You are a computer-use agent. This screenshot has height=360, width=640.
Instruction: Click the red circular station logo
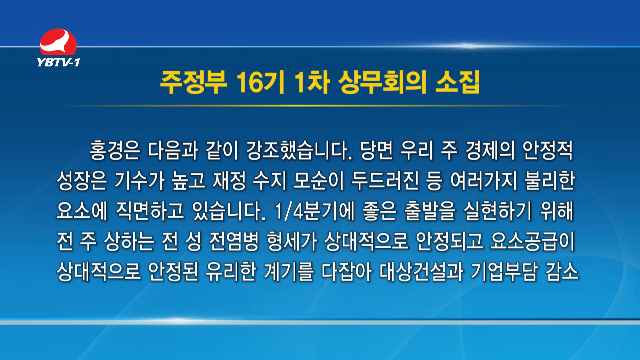click(58, 42)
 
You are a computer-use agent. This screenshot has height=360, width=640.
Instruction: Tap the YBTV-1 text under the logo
click(58, 62)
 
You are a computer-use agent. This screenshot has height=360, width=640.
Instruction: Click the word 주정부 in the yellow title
click(193, 83)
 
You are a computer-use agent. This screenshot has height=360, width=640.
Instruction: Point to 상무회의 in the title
click(382, 83)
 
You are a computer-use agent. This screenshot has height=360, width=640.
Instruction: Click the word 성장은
click(82, 181)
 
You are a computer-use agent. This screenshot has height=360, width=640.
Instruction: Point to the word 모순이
click(318, 181)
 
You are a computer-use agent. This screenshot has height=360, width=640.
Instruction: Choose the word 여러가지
click(483, 181)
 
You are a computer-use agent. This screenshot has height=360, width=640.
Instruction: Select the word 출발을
click(430, 211)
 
